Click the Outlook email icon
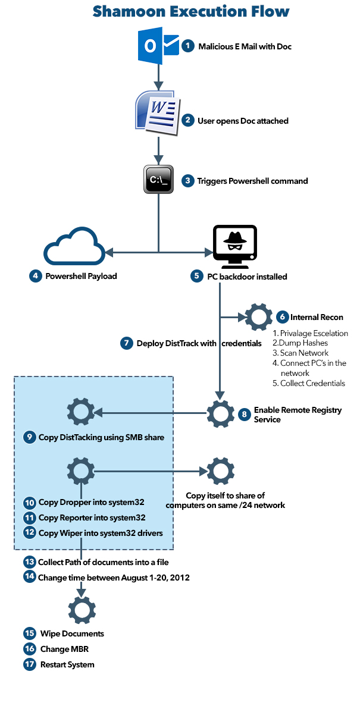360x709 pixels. (158, 46)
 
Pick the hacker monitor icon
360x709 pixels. (234, 246)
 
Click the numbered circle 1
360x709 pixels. (188, 46)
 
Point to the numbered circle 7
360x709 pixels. (126, 343)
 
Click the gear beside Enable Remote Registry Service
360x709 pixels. (220, 411)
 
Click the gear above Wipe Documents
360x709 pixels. (82, 609)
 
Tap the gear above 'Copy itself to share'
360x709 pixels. (220, 472)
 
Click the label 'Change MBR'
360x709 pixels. (65, 649)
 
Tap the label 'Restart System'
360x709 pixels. (67, 664)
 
